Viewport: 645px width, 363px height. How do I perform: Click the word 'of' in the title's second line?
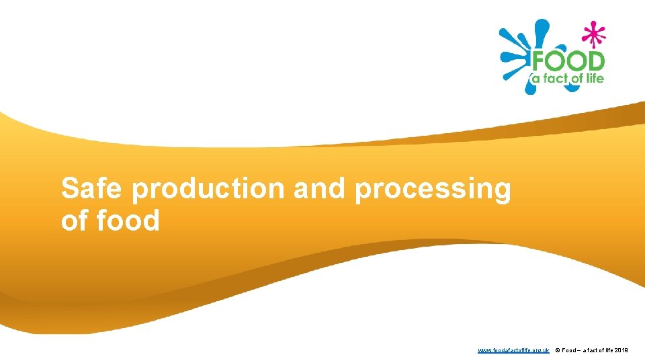click(x=73, y=220)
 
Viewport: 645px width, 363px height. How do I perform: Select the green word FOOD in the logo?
click(x=568, y=62)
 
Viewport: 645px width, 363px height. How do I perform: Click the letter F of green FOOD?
click(x=539, y=62)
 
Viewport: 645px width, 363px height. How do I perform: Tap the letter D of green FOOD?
click(x=595, y=62)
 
